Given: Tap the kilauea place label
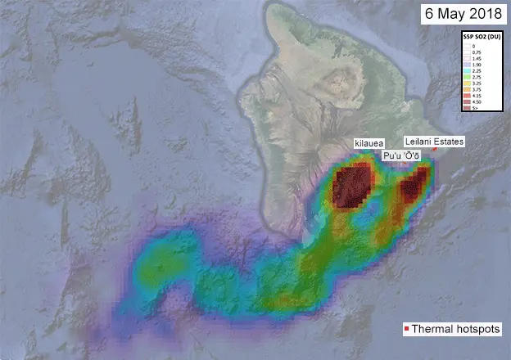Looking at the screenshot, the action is [368, 143].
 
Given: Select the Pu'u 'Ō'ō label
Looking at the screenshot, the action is [401, 155].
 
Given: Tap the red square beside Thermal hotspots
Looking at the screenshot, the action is [406, 330].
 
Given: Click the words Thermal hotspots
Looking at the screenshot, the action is [455, 330].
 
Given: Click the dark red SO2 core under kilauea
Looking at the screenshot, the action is [353, 188].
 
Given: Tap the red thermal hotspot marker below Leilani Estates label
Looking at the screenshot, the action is [434, 150].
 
